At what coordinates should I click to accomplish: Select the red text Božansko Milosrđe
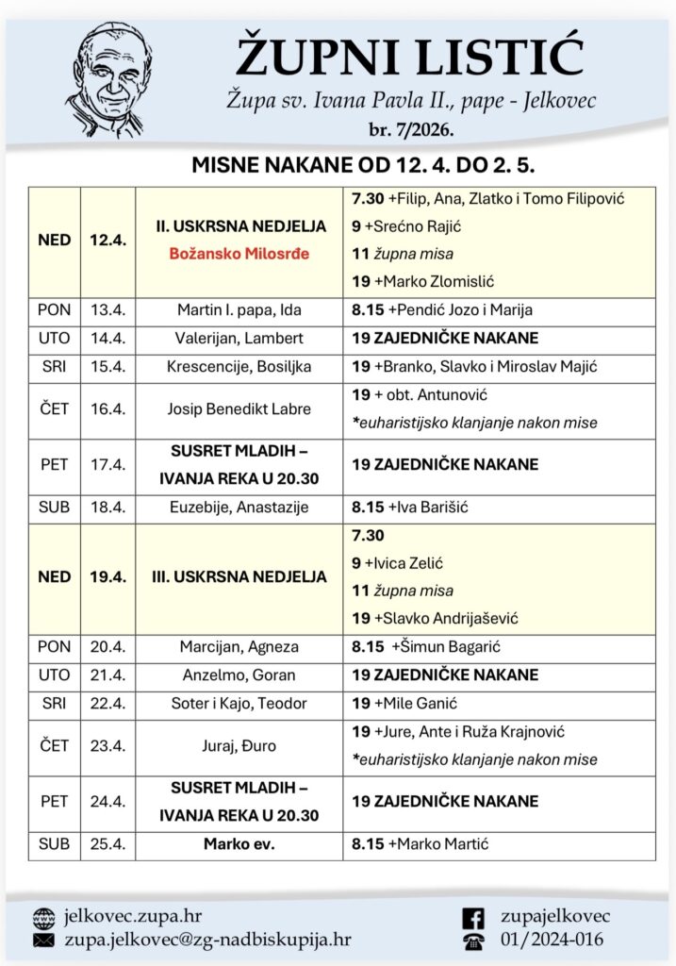[x=239, y=254]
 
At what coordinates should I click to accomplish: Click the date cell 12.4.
[x=107, y=241]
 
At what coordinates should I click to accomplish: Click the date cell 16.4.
[x=107, y=409]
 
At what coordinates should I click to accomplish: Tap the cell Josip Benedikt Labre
[x=239, y=409]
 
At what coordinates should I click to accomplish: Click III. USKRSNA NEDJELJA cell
[x=239, y=576]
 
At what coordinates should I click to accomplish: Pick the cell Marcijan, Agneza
[x=239, y=646]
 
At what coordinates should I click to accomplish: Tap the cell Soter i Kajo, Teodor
[x=239, y=703]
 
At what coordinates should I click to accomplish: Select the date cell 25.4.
[x=107, y=844]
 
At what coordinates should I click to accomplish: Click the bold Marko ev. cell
[x=239, y=844]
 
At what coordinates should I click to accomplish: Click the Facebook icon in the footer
[x=474, y=917]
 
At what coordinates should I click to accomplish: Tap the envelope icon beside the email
[x=43, y=940]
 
